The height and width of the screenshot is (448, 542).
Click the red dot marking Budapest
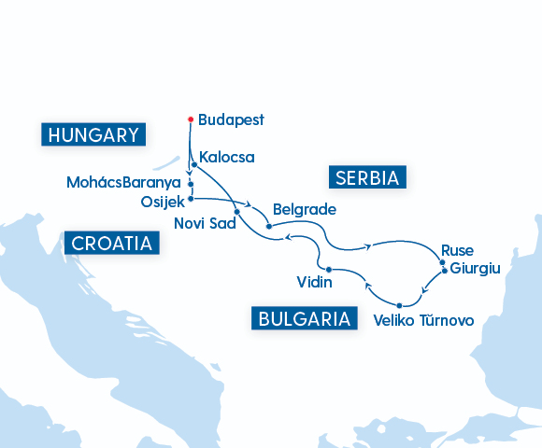[191, 119]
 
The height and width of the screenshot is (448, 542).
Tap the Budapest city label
[231, 119]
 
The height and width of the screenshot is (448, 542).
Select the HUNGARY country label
[93, 134]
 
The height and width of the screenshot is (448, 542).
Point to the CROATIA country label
[111, 244]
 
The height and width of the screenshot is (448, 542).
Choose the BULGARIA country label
[305, 318]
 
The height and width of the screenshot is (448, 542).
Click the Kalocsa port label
[227, 157]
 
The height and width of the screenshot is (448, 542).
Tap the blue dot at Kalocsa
[193, 164]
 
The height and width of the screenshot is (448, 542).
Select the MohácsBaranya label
[123, 182]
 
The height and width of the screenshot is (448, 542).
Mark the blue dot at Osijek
[191, 198]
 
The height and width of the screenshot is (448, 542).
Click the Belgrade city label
[304, 209]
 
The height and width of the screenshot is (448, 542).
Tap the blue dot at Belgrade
[268, 226]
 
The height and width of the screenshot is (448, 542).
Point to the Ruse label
[457, 250]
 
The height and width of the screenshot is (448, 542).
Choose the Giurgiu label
[476, 268]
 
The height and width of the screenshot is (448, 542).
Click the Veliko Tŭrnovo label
[422, 320]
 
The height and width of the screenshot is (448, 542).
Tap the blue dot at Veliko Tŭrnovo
[400, 305]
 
